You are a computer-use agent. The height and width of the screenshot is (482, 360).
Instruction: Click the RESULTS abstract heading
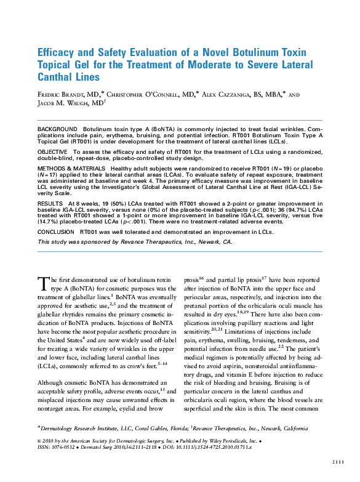coord(50,203)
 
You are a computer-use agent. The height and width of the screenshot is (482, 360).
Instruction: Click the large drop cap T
coord(43,283)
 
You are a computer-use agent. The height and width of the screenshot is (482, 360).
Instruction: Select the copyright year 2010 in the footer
coord(53,441)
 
